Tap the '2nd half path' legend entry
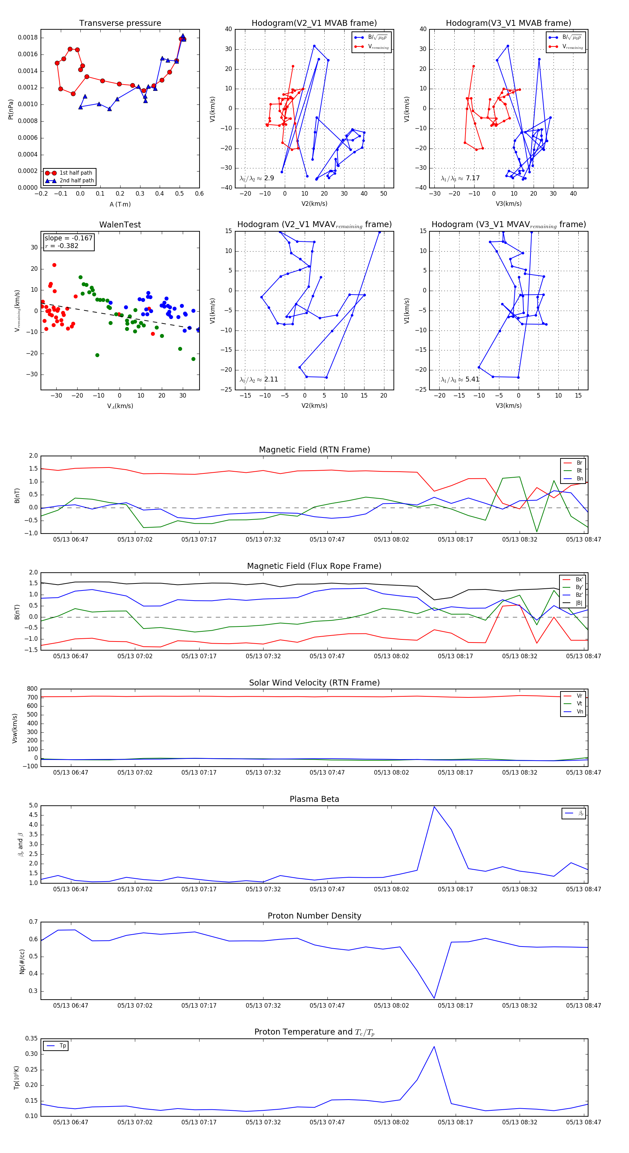(77, 181)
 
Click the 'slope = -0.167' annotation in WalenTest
(68, 238)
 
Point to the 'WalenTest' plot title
(120, 225)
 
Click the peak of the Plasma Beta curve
(434, 806)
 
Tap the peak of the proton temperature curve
(434, 1046)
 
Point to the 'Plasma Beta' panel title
(314, 799)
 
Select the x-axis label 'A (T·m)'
(120, 204)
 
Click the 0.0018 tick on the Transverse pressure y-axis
(27, 38)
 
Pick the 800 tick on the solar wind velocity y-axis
(32, 689)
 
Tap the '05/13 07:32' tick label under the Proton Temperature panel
(263, 1122)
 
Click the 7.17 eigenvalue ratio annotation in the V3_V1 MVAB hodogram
(472, 178)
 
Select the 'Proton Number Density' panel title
(314, 916)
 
